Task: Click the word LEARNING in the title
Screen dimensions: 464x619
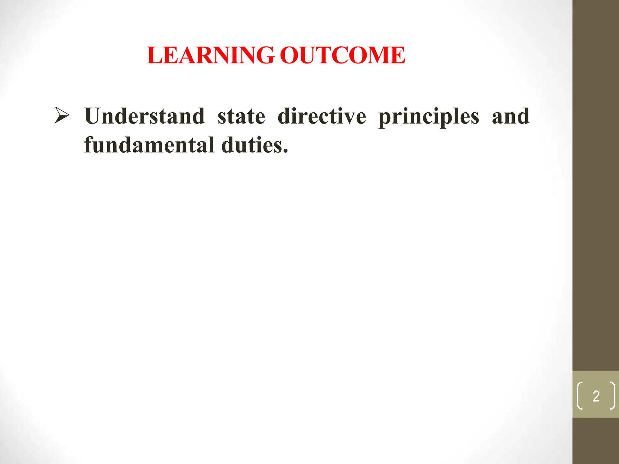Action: (x=211, y=56)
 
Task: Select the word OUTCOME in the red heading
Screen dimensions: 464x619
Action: (x=342, y=56)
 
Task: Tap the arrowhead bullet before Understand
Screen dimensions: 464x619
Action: (x=62, y=115)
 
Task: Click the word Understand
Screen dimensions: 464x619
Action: (x=144, y=116)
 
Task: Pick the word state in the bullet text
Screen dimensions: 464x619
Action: (x=241, y=117)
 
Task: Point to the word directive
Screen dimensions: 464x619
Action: (x=322, y=116)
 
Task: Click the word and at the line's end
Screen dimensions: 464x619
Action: (x=510, y=116)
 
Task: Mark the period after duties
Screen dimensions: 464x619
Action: (x=286, y=151)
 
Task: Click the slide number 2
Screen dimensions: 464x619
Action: (x=596, y=396)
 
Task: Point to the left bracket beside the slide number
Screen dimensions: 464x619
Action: (x=580, y=396)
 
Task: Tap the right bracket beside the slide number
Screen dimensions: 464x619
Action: (x=612, y=396)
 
